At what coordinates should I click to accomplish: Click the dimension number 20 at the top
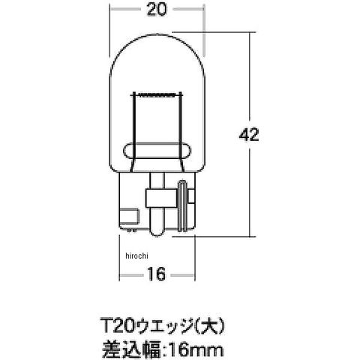point(157,10)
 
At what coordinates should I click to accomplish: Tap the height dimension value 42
point(249,135)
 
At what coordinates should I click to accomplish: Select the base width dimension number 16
point(157,274)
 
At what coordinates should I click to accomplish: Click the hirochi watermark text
point(136,256)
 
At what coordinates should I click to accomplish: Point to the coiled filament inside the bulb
point(157,95)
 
